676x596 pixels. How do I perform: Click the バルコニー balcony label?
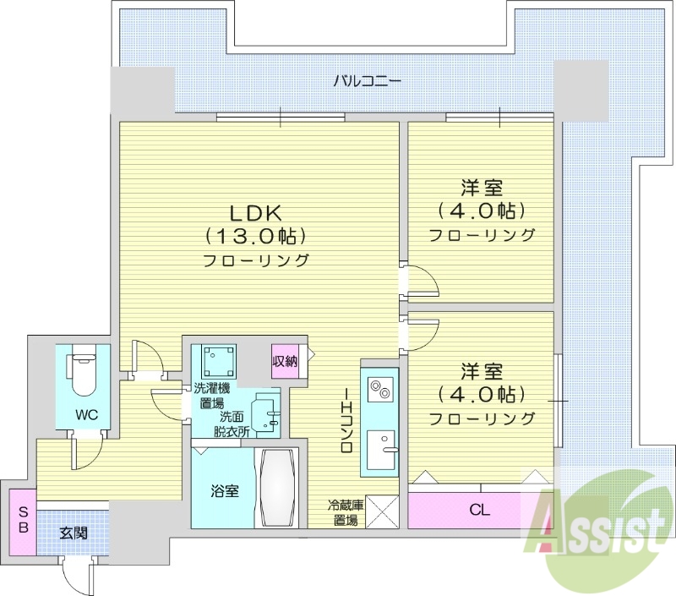(x=367, y=82)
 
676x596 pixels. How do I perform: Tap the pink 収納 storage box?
(x=285, y=361)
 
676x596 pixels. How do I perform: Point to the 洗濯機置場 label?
(x=212, y=396)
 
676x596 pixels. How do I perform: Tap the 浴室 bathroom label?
(x=224, y=489)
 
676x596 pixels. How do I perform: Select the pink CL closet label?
(x=478, y=510)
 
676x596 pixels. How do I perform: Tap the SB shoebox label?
(x=24, y=519)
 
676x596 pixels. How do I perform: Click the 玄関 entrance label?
(x=73, y=533)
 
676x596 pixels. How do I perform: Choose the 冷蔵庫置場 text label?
(x=346, y=512)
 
